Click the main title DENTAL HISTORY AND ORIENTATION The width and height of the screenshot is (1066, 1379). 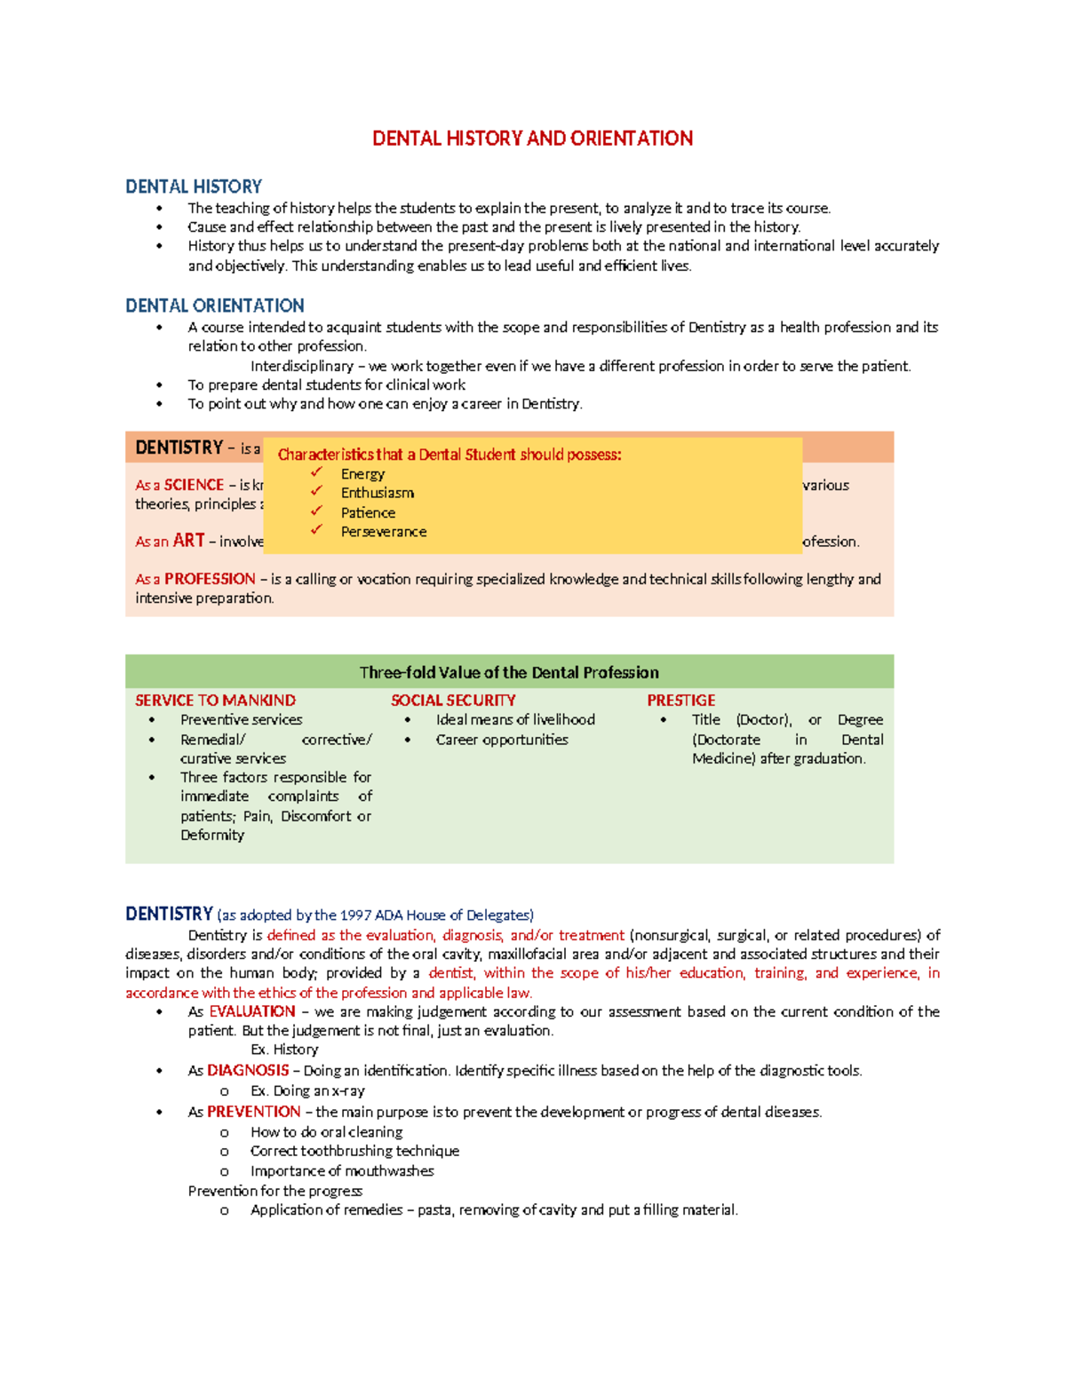(532, 139)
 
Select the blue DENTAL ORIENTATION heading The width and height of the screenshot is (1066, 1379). (214, 305)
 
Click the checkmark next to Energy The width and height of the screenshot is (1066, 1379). (316, 472)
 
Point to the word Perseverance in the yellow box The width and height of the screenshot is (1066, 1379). (384, 532)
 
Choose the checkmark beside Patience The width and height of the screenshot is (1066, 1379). (316, 511)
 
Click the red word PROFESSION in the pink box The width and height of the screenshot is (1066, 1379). (210, 579)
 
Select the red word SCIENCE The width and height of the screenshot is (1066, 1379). (194, 485)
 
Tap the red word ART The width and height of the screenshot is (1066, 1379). (188, 541)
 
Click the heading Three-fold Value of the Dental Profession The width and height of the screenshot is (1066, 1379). (509, 672)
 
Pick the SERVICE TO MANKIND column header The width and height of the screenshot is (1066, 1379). (215, 701)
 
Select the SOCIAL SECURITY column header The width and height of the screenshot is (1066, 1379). (453, 701)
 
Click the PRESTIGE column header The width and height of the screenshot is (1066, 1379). (680, 701)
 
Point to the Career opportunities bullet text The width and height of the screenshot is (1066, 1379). (502, 740)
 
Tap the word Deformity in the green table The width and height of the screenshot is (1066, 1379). (212, 835)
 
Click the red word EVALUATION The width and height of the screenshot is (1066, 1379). (252, 1011)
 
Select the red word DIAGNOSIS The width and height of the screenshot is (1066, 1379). (248, 1071)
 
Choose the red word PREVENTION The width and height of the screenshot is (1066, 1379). (254, 1112)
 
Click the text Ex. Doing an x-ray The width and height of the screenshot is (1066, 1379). (307, 1090)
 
